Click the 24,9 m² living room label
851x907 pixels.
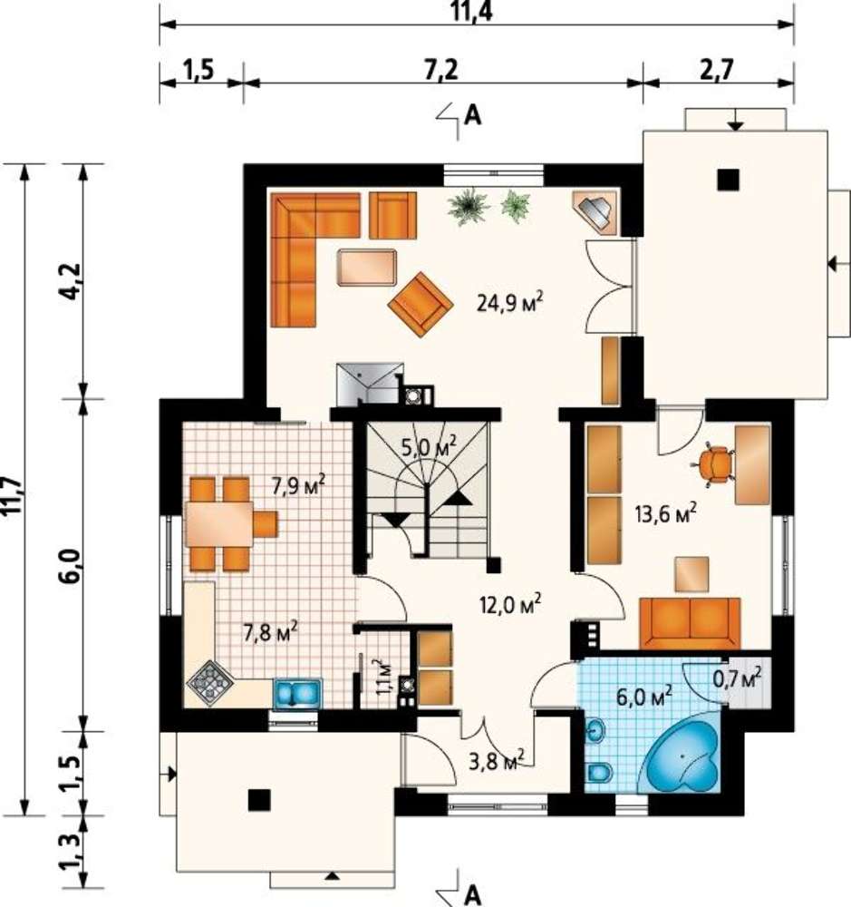510,302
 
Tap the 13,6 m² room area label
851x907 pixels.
665,513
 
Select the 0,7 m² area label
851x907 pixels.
737,678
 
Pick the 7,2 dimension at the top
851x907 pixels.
441,70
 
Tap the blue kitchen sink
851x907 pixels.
296,692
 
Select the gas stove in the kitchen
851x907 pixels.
210,683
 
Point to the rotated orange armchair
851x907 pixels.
420,305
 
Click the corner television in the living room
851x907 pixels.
595,212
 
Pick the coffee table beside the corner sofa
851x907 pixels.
366,268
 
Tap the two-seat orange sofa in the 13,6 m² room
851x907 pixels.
689,623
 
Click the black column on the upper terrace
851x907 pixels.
729,180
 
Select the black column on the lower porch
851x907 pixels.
259,800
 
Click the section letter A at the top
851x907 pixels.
473,116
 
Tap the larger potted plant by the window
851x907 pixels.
469,207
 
